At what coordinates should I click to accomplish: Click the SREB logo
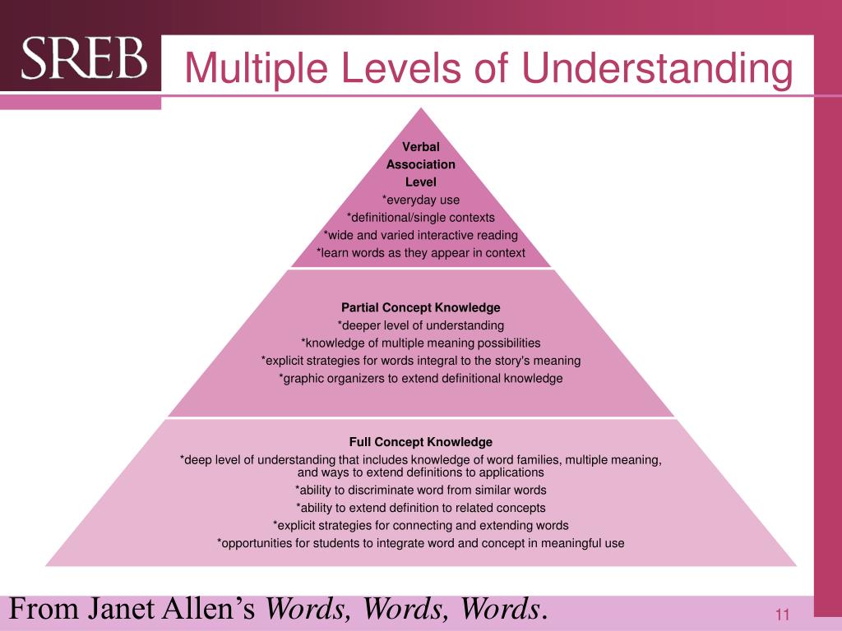pyautogui.click(x=84, y=59)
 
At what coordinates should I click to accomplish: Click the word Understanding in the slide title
pyautogui.click(x=658, y=68)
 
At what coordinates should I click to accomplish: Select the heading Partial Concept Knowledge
pyautogui.click(x=420, y=307)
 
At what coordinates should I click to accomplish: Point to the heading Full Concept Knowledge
pyautogui.click(x=420, y=441)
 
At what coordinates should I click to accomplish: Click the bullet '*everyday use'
pyautogui.click(x=420, y=200)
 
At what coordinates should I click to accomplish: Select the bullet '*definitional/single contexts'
pyautogui.click(x=420, y=217)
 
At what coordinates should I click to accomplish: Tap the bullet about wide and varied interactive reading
pyautogui.click(x=420, y=235)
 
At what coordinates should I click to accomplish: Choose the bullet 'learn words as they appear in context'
pyautogui.click(x=420, y=252)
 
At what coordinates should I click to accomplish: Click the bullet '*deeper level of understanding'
pyautogui.click(x=420, y=325)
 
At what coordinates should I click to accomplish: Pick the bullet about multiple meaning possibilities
pyautogui.click(x=420, y=343)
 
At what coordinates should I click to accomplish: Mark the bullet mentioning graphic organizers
pyautogui.click(x=420, y=378)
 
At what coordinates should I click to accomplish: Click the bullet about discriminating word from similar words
pyautogui.click(x=420, y=490)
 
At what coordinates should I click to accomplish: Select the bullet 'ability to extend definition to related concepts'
pyautogui.click(x=420, y=508)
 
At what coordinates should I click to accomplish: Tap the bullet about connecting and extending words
pyautogui.click(x=420, y=525)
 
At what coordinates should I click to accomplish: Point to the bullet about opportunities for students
pyautogui.click(x=420, y=543)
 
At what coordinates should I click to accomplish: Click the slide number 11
pyautogui.click(x=781, y=615)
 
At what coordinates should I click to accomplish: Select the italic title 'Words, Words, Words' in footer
pyautogui.click(x=404, y=610)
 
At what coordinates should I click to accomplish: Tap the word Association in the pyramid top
pyautogui.click(x=420, y=164)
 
